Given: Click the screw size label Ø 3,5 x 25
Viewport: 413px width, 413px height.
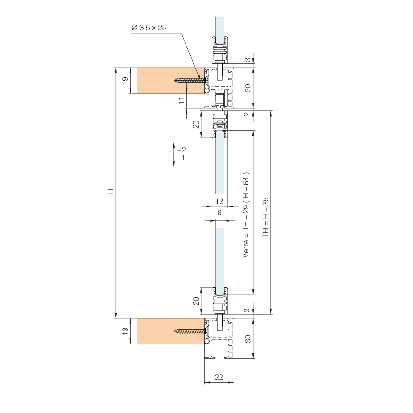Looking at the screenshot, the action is click(x=149, y=28).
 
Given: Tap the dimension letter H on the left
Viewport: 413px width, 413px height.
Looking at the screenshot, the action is click(x=111, y=191).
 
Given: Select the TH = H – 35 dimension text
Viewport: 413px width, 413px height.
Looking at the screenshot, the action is click(x=266, y=217).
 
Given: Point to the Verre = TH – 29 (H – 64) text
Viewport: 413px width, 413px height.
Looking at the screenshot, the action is click(x=246, y=215).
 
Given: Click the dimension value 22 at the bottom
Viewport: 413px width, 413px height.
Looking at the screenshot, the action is click(x=219, y=377).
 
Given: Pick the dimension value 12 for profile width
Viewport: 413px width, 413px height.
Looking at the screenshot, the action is click(x=219, y=201).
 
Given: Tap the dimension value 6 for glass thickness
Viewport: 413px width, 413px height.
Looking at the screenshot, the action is click(x=220, y=213).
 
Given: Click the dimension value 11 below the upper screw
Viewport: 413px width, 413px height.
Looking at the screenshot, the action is click(x=181, y=100).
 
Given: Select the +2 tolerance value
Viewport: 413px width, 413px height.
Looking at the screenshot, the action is click(x=181, y=150).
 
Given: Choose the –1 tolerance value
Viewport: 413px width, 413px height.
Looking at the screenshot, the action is click(x=181, y=158).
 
